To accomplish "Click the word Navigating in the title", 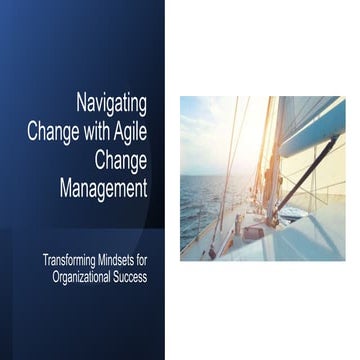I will pyautogui.click(x=111, y=102).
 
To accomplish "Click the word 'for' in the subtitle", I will pyautogui.click(x=141, y=259).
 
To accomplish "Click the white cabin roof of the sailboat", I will pyautogui.click(x=300, y=240).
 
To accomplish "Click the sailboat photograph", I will pyautogui.click(x=262, y=178).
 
